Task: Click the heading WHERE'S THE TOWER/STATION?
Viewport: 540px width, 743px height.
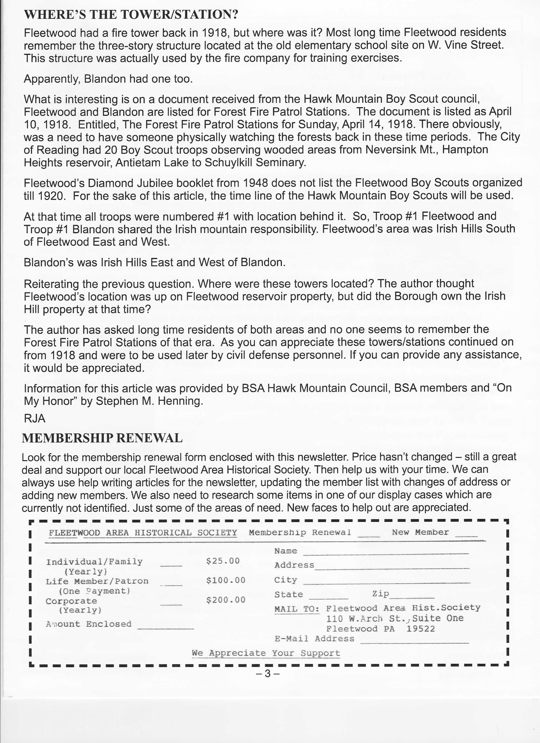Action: [131, 15]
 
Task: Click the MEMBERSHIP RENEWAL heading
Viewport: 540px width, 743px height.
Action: [102, 438]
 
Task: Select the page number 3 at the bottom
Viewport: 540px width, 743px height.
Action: [268, 674]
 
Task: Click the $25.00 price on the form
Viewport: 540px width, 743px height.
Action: [223, 561]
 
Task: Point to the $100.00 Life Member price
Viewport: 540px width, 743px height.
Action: [226, 580]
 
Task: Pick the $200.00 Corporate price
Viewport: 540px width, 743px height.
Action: [226, 600]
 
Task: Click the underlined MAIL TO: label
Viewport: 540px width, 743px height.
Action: [297, 609]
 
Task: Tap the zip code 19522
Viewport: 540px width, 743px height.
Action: [420, 629]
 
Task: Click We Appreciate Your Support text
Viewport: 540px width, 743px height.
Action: [266, 653]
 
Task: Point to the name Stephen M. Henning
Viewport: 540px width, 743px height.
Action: [149, 401]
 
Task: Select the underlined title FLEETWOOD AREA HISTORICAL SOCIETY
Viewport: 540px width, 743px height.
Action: [143, 533]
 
